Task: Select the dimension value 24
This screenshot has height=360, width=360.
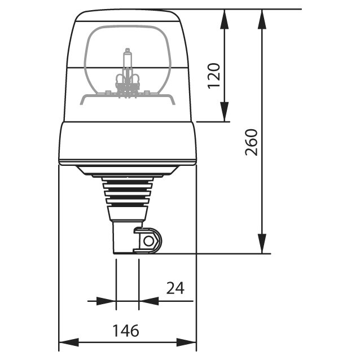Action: [175, 288]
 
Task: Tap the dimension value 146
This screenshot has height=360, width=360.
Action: [127, 330]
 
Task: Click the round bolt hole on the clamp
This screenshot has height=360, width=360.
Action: [149, 241]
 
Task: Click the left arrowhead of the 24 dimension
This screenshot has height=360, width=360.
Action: [107, 301]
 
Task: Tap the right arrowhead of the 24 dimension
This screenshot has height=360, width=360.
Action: [147, 301]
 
